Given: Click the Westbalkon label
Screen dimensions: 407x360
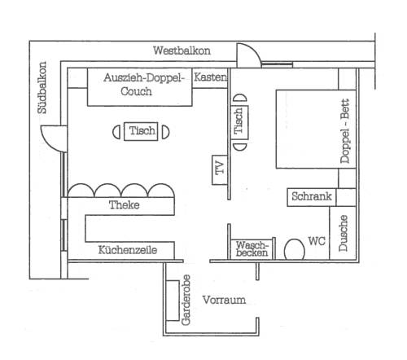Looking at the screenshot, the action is point(182,50).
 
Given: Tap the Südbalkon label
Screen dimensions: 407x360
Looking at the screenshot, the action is point(42,87).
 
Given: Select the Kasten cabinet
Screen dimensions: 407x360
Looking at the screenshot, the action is point(210,78).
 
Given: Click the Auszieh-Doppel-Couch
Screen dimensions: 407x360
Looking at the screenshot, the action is point(140,87).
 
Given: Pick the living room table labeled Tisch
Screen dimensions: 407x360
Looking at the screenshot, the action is point(141,131).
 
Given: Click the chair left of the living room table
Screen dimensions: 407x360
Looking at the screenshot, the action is point(116,132).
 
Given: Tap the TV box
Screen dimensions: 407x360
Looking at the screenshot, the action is point(220,170).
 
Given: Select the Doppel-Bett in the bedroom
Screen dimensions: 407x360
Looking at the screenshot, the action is point(316,129).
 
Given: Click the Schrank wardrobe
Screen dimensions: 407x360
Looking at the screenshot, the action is point(312,197).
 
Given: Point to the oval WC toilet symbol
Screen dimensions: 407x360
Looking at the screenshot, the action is point(294,249).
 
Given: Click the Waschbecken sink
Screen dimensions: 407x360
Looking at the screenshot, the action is point(252,249).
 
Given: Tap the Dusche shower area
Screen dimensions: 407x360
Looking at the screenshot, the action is point(343,233).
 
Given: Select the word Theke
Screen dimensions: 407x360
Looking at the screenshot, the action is point(125,205).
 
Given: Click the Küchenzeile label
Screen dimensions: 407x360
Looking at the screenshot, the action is point(128,250).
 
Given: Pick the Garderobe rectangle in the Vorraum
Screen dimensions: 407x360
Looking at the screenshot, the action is point(173,301).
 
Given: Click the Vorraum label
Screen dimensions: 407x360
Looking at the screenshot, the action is point(224,300).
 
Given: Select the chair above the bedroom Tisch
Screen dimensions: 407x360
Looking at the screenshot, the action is point(240,98).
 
